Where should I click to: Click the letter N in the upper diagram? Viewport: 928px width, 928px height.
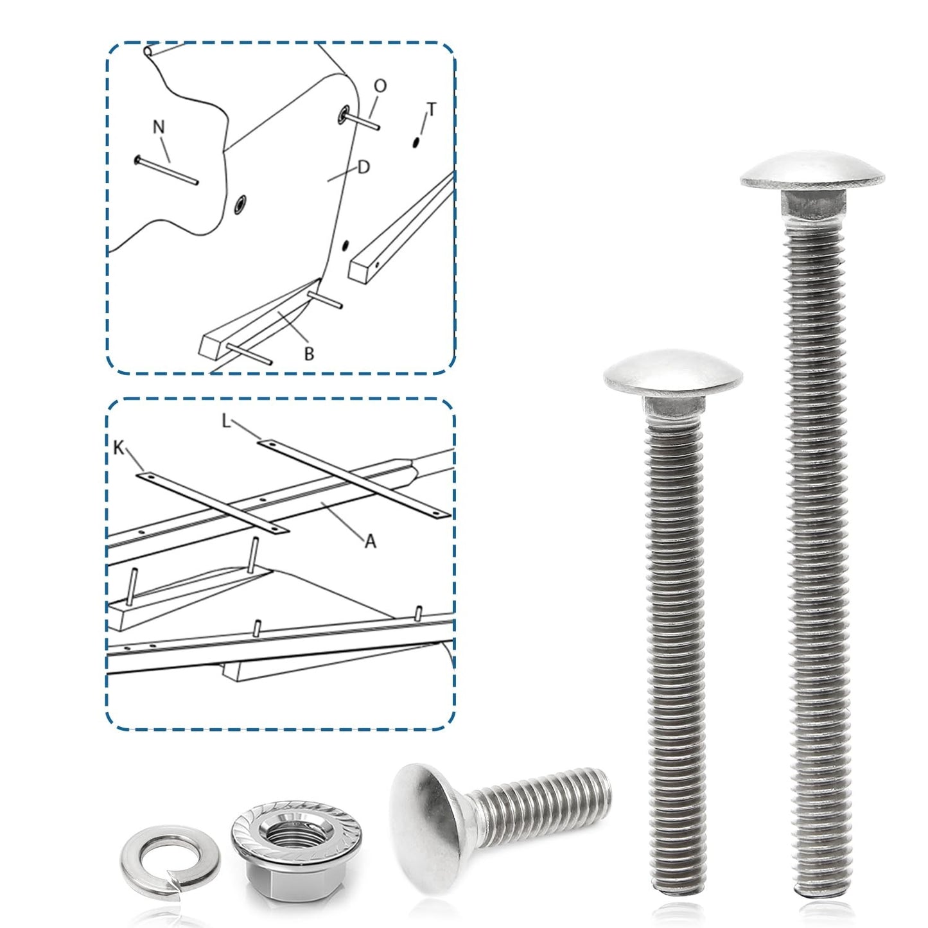coord(159,127)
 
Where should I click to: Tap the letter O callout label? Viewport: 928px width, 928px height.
coord(380,86)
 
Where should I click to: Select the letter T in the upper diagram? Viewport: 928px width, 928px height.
coord(432,110)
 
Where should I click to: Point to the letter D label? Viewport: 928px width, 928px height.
coord(363,167)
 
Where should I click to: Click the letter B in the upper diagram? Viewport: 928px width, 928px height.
coord(309,353)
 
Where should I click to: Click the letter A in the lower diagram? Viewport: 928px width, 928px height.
coord(370,542)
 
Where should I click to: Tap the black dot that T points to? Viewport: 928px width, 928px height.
coord(416,143)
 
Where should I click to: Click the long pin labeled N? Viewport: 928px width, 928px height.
coord(166,170)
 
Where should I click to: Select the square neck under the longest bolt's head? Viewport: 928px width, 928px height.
coord(812,203)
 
